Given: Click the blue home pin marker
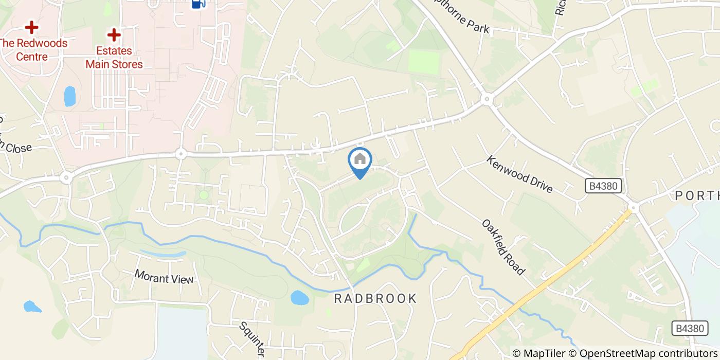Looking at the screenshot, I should pyautogui.click(x=360, y=160).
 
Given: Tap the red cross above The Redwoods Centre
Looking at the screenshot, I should pyautogui.click(x=32, y=26).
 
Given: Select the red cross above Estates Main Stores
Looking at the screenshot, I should pyautogui.click(x=114, y=35).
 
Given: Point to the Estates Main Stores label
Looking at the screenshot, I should pyautogui.click(x=114, y=58).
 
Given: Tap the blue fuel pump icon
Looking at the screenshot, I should pyautogui.click(x=199, y=4).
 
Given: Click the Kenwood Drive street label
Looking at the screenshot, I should pyautogui.click(x=519, y=174).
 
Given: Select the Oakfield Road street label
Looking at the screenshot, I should pyautogui.click(x=504, y=247).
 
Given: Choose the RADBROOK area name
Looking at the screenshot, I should pyautogui.click(x=375, y=299).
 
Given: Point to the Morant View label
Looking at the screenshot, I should pyautogui.click(x=164, y=277).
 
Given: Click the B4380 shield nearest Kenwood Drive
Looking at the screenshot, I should pyautogui.click(x=604, y=186).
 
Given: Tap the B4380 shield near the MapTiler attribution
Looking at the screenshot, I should pyautogui.click(x=689, y=328).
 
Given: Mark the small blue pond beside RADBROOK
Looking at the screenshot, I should pyautogui.click(x=298, y=298).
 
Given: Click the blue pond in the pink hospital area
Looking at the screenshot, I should pyautogui.click(x=69, y=96).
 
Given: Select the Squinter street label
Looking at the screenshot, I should pyautogui.click(x=252, y=340).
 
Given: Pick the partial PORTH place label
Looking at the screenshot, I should pyautogui.click(x=697, y=196).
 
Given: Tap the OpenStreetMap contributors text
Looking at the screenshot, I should pyautogui.click(x=648, y=353).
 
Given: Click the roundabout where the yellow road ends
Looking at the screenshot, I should pyautogui.click(x=633, y=208).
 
